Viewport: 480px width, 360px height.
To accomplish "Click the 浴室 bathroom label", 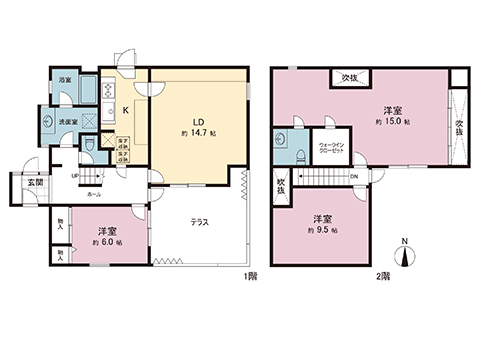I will point(64,78).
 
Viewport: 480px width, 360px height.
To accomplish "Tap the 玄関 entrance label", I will point(21,180).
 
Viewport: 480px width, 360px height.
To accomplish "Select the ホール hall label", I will point(93,194).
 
